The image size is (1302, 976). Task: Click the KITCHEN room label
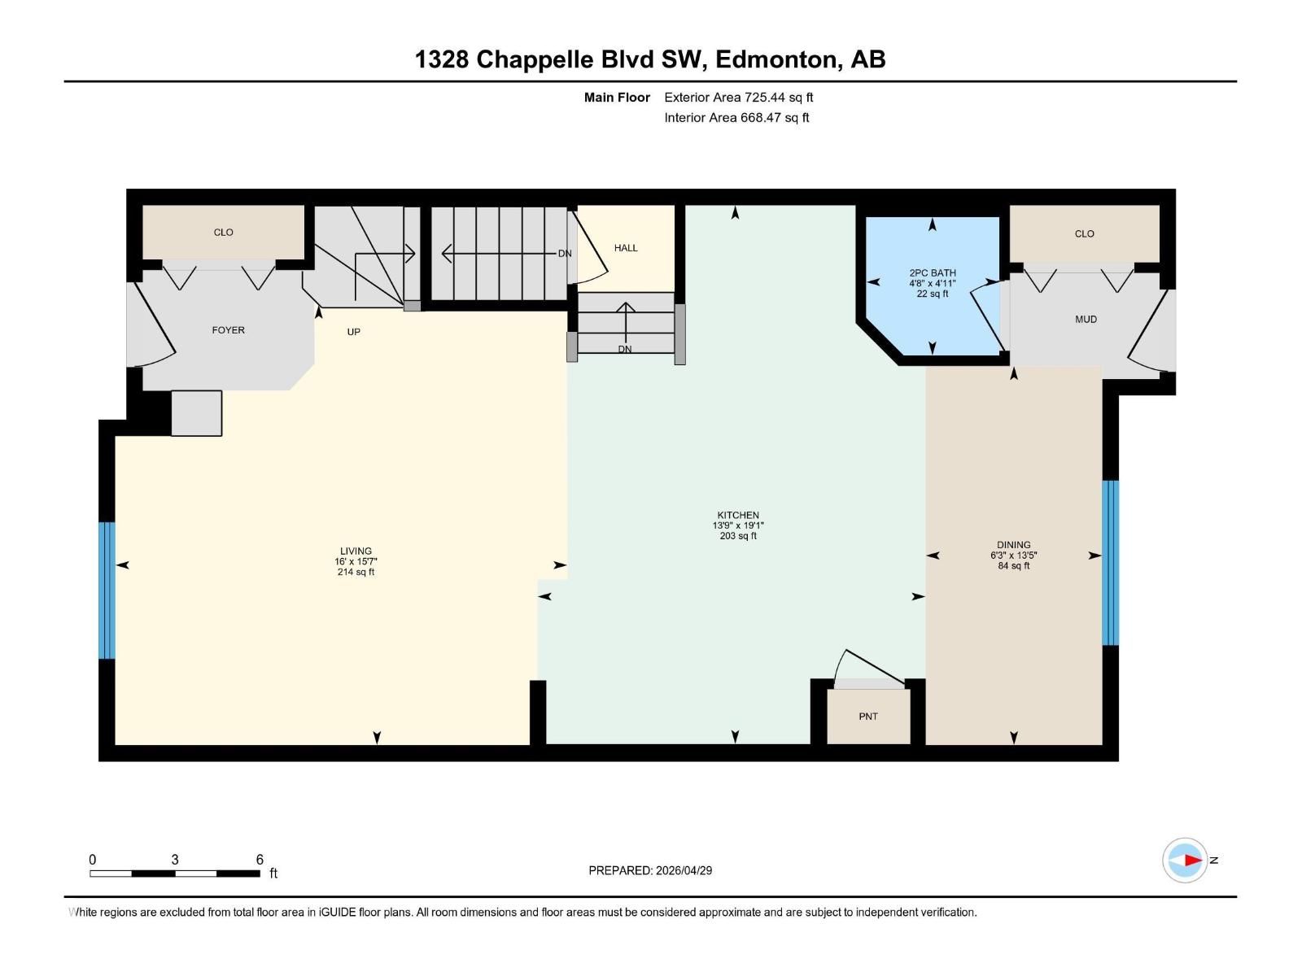pos(738,515)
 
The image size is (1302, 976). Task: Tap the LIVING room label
pos(356,551)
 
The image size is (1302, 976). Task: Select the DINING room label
pos(1013,545)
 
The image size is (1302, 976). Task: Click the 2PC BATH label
pos(933,273)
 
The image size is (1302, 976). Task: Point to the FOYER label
pos(228,330)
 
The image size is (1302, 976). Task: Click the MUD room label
pos(1086,320)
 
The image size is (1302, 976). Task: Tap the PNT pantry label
pos(868,717)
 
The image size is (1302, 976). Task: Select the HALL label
pos(626,248)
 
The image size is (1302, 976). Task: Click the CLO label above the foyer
pos(223,233)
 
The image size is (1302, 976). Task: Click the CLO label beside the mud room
pos(1084,234)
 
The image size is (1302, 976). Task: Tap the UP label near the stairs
pos(353,332)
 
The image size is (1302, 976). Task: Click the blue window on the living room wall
pos(107,590)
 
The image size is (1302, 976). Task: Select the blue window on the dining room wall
pos(1110,562)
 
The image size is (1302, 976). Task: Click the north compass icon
pos(1185,860)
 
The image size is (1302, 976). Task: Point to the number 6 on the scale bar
pos(260,860)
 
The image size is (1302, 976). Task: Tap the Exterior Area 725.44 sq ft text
pos(738,98)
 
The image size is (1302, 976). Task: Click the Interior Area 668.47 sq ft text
pos(736,118)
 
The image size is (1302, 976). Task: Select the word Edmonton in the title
pos(776,59)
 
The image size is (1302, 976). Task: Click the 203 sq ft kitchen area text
pos(738,536)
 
